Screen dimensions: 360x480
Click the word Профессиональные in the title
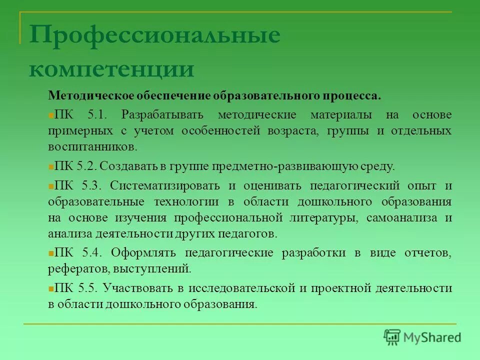click(154, 36)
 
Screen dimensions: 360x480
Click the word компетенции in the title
click(111, 68)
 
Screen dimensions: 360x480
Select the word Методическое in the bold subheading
click(82, 95)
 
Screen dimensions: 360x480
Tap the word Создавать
click(129, 166)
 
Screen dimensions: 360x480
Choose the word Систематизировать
click(165, 185)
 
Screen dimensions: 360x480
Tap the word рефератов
click(73, 268)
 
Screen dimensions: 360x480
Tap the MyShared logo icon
click(392, 337)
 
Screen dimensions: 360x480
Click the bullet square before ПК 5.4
click(51, 253)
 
